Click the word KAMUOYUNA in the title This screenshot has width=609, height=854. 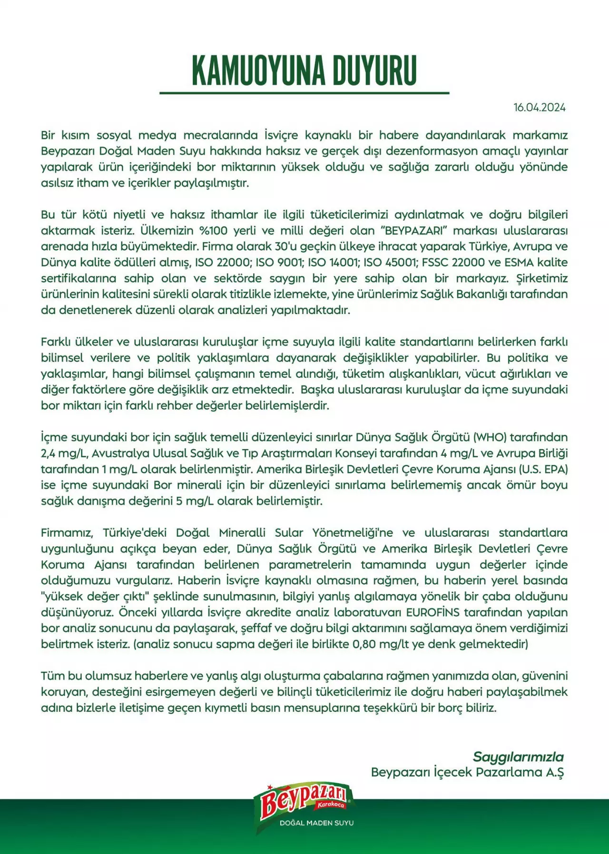259,70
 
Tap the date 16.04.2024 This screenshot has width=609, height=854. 540,108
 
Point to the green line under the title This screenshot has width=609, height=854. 304,93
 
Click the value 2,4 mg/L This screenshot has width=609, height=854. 64,453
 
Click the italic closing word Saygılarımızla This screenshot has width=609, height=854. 518,757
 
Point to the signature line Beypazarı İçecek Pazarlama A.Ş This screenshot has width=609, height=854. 467,772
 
